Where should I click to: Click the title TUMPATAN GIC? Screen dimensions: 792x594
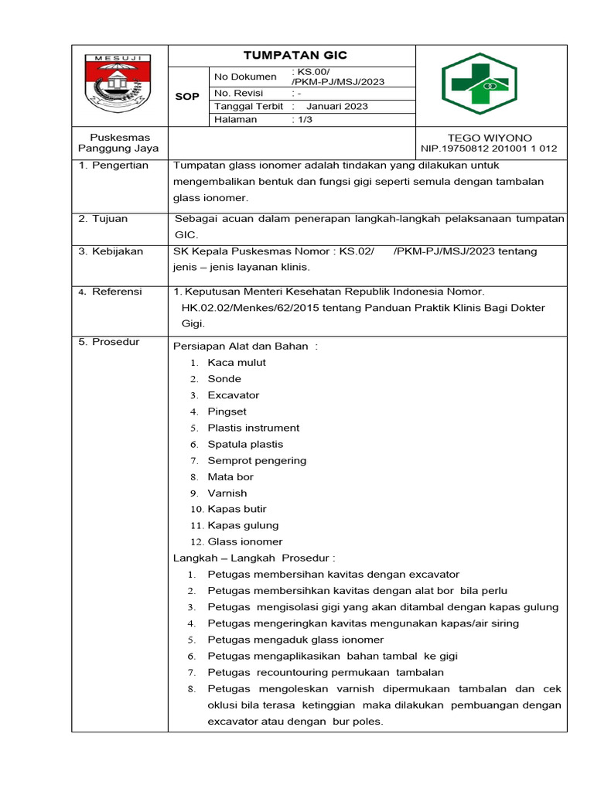[295, 55]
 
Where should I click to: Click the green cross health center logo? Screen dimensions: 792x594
[490, 84]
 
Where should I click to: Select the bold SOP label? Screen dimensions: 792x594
[187, 97]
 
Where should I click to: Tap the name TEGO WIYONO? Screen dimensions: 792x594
[490, 138]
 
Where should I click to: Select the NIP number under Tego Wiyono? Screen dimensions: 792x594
[489, 148]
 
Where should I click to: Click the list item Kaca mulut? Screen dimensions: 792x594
[237, 363]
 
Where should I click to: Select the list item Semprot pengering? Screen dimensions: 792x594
[257, 460]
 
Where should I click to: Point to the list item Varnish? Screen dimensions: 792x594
[227, 493]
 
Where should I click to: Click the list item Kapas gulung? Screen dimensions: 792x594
[243, 525]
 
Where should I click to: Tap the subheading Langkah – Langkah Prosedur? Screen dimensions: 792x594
[254, 558]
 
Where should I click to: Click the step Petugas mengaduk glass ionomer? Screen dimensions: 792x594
[295, 640]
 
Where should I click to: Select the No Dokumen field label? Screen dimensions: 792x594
[245, 77]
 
